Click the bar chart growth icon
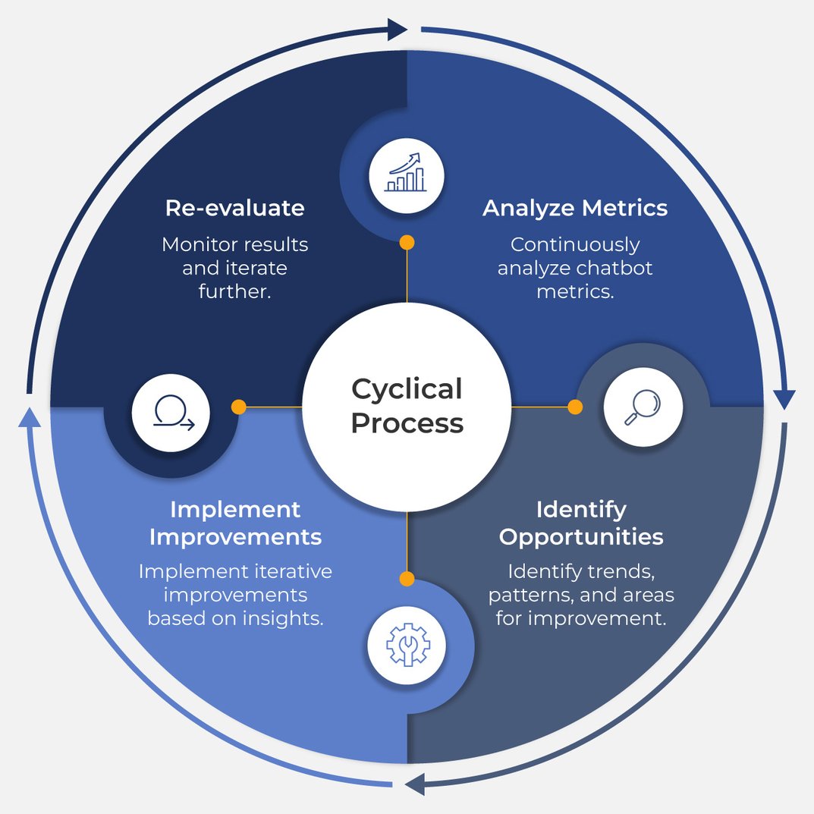point(407,174)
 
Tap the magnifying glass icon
point(643,408)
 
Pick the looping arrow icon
point(171,414)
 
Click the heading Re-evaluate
point(234,208)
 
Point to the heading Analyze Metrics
point(575,208)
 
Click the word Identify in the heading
point(581,508)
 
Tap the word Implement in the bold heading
point(235,508)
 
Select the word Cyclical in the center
point(407,389)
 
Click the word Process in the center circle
point(407,423)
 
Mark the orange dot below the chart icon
point(407,242)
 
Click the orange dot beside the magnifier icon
point(575,407)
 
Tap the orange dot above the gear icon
point(407,579)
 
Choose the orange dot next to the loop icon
point(238,407)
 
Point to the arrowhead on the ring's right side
point(784,399)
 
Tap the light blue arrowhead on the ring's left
point(29,416)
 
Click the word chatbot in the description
point(617,268)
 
